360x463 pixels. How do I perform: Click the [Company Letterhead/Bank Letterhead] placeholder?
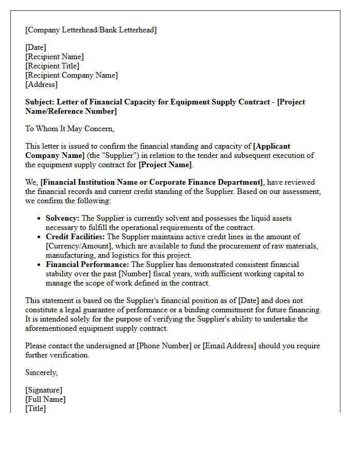[91, 30]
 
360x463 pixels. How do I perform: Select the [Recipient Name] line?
[55, 57]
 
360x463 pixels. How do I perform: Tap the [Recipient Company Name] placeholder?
[71, 75]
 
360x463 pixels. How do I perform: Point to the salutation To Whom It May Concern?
[69, 129]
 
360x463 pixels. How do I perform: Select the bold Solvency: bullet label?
[63, 218]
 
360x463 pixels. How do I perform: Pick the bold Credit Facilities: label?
[75, 237]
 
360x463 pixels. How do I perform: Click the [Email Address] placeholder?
[229, 346]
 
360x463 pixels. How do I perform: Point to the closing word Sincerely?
[42, 372]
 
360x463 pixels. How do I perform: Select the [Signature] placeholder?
[44, 390]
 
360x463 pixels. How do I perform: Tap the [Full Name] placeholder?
[45, 399]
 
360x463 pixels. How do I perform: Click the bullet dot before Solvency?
[40, 219]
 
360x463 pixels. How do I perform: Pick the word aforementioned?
[50, 328]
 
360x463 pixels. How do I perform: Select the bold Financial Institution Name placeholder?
[153, 182]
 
